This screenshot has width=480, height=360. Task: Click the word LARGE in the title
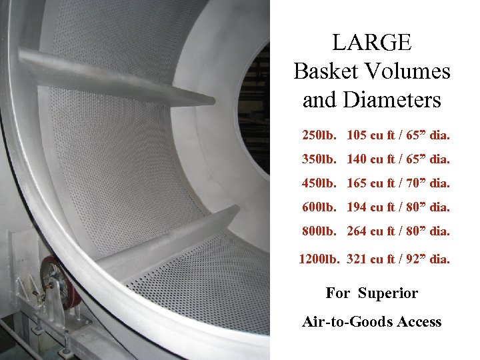point(372,43)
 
